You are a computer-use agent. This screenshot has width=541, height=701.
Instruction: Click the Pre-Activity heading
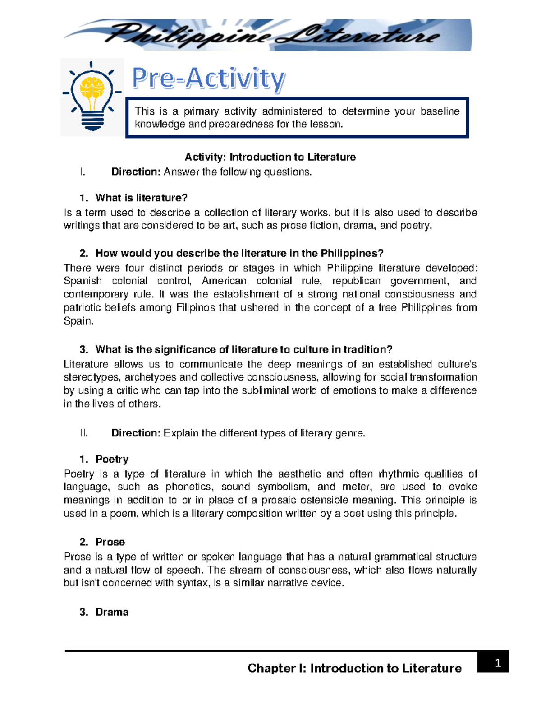[x=208, y=79]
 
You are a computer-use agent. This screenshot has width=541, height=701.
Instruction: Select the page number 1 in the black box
[x=498, y=663]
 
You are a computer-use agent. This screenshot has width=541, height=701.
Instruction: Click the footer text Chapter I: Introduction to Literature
[x=354, y=668]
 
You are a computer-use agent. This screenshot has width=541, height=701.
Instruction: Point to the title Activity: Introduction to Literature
[x=270, y=157]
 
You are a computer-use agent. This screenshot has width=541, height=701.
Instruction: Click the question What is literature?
[x=141, y=198]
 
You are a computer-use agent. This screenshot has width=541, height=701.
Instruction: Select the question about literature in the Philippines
[x=239, y=253]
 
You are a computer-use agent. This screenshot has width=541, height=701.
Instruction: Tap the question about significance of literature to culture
[x=243, y=349]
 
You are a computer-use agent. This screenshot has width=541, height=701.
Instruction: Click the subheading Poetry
[x=112, y=459]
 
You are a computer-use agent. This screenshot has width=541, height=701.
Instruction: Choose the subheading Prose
[x=110, y=542]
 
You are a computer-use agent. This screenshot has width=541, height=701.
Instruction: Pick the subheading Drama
[x=112, y=612]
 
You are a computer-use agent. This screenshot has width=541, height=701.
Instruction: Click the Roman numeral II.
[x=83, y=433]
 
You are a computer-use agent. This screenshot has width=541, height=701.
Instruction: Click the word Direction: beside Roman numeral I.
[x=136, y=172]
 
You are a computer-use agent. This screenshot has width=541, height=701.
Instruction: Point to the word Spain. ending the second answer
[x=78, y=321]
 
